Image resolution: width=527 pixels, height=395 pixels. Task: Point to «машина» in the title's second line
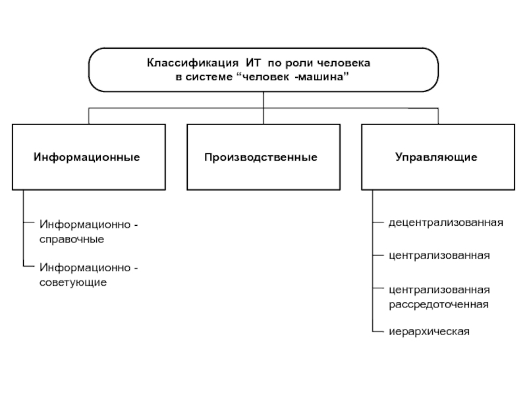[x=321, y=77]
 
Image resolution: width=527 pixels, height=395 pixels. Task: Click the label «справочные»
[x=72, y=239]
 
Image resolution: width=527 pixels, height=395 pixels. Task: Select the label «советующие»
[x=72, y=282]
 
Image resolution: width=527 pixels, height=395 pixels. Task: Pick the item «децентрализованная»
[x=445, y=223]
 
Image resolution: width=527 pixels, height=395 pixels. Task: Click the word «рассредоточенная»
[x=438, y=304]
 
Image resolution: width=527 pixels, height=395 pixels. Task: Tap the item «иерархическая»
[x=429, y=331]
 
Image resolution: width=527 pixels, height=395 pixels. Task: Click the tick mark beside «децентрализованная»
[x=377, y=223]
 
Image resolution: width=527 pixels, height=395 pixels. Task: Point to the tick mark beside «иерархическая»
[x=377, y=330]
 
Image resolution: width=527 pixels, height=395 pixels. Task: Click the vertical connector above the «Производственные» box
[x=263, y=115]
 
